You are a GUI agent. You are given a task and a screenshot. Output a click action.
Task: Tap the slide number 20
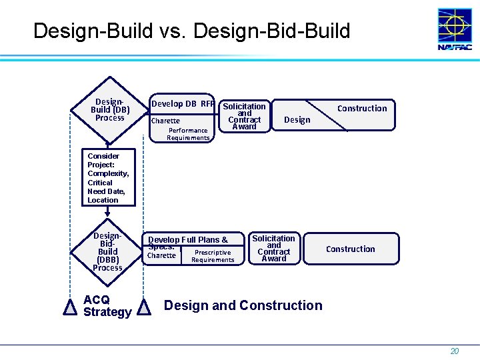(454, 351)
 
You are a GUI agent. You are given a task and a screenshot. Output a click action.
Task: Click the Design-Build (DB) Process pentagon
(109, 111)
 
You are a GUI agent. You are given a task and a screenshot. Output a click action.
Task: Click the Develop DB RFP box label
(183, 103)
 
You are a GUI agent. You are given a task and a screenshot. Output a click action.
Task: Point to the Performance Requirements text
(188, 134)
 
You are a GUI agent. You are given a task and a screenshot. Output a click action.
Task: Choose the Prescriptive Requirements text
(213, 256)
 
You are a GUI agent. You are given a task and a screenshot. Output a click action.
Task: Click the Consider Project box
(108, 178)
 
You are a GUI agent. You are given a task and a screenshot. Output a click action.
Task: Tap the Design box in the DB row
(297, 120)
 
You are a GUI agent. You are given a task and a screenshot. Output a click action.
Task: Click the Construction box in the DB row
(361, 108)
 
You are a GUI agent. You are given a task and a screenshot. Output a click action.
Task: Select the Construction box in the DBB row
(350, 249)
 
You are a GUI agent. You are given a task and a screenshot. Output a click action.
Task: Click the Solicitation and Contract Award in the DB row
(244, 116)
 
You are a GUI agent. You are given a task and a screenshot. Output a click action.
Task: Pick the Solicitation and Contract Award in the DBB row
(273, 248)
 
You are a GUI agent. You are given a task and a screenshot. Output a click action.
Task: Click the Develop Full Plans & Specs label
(187, 242)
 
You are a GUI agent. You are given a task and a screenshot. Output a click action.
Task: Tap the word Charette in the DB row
(165, 121)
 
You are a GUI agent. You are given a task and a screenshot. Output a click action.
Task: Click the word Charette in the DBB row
(161, 255)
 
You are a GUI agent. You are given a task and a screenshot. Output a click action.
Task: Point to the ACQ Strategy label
(107, 306)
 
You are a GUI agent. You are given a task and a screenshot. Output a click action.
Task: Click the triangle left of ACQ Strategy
(69, 307)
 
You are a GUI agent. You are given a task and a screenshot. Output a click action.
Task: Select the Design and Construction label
(243, 305)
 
